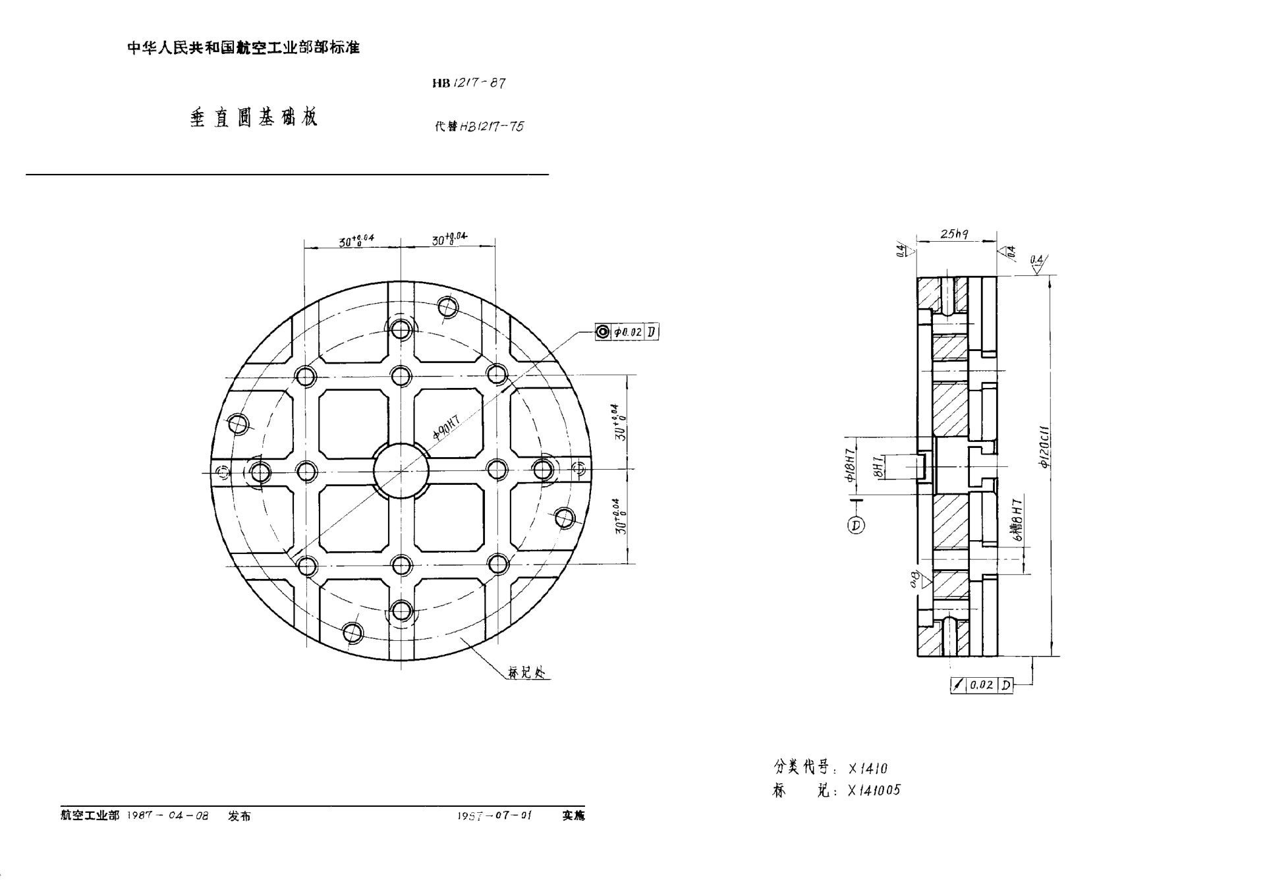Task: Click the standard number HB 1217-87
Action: pyautogui.click(x=469, y=83)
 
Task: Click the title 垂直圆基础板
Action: pyautogui.click(x=254, y=118)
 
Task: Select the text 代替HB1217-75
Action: pyautogui.click(x=479, y=126)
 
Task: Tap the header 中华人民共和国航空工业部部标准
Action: pyautogui.click(x=244, y=48)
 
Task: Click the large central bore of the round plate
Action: pyautogui.click(x=401, y=470)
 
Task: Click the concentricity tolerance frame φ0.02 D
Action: pyautogui.click(x=627, y=332)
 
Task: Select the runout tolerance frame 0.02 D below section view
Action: pyautogui.click(x=982, y=685)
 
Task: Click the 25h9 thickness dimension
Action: pyautogui.click(x=955, y=234)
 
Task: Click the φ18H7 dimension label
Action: pyautogui.click(x=851, y=465)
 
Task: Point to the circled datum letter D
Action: pyautogui.click(x=856, y=525)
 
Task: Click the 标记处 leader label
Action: pyautogui.click(x=527, y=673)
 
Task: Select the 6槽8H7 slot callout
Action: pyautogui.click(x=1019, y=520)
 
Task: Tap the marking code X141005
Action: pyautogui.click(x=874, y=790)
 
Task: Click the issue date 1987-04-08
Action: pyautogui.click(x=168, y=815)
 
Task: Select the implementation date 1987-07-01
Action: pyautogui.click(x=494, y=815)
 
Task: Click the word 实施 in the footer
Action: pyautogui.click(x=573, y=815)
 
